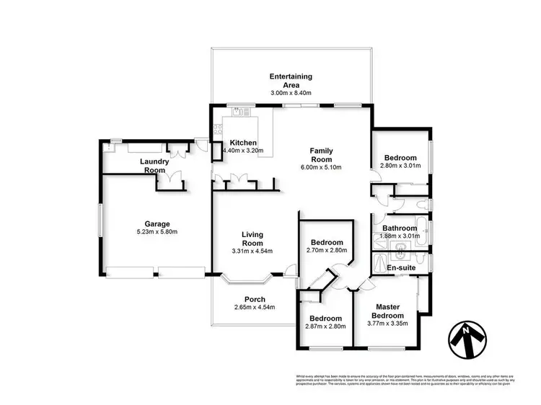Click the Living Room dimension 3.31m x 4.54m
pyautogui.click(x=252, y=250)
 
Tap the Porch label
pyautogui.click(x=255, y=299)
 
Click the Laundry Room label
pyautogui.click(x=154, y=166)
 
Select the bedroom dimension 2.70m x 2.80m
pyautogui.click(x=326, y=251)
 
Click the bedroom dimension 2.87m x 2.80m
pyautogui.click(x=326, y=326)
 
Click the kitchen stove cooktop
pyautogui.click(x=217, y=130)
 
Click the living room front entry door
pyautogui.click(x=290, y=272)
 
